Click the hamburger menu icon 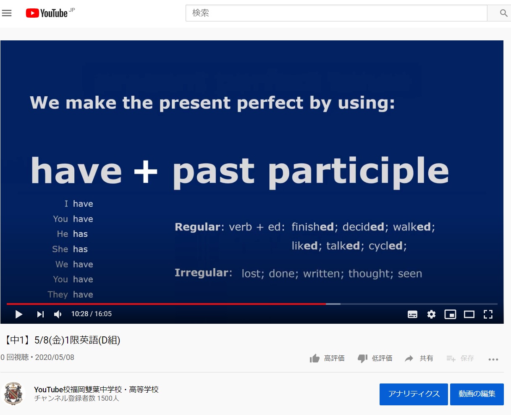pyautogui.click(x=7, y=13)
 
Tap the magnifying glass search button pyautogui.click(x=503, y=13)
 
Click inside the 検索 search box pyautogui.click(x=336, y=13)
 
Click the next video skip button pyautogui.click(x=40, y=314)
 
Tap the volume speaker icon pyautogui.click(x=58, y=314)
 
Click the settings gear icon pyautogui.click(x=431, y=314)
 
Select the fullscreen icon pyautogui.click(x=488, y=314)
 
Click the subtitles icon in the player pyautogui.click(x=412, y=314)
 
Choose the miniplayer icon pyautogui.click(x=450, y=314)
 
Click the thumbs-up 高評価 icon pyautogui.click(x=314, y=358)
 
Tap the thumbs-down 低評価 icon pyautogui.click(x=362, y=359)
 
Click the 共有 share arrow pyautogui.click(x=409, y=359)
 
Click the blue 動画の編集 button pyautogui.click(x=477, y=394)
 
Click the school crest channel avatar pyautogui.click(x=13, y=394)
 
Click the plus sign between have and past pyautogui.click(x=145, y=172)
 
